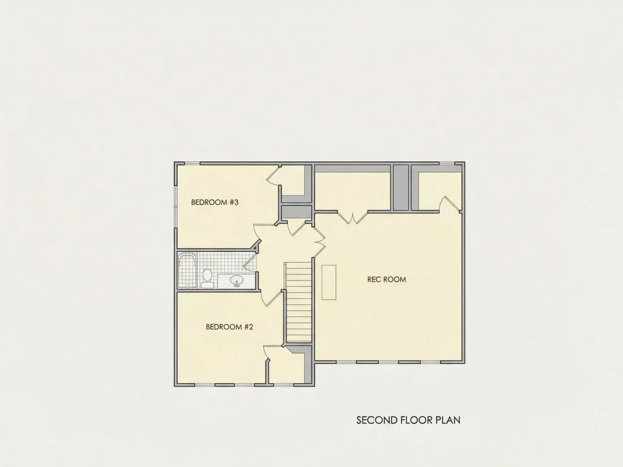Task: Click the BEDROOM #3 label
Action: [215, 202]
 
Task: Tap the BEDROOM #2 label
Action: [229, 327]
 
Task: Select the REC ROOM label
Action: [387, 279]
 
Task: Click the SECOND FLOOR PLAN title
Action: [408, 420]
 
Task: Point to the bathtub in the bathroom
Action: [187, 271]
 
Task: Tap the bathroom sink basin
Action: [237, 281]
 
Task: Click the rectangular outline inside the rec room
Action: [329, 282]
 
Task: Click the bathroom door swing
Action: [250, 262]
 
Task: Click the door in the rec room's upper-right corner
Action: [451, 203]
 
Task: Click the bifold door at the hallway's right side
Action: [319, 240]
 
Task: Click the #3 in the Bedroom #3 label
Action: [233, 202]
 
